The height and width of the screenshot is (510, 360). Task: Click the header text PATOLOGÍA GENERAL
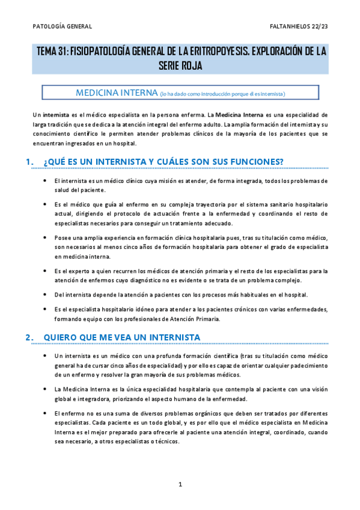(62, 26)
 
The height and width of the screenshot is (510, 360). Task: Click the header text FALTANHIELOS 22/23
(299, 26)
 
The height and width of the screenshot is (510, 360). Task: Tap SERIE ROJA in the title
(180, 66)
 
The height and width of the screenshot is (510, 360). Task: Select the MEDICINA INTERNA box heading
(115, 93)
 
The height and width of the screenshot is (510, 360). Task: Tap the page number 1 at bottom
(180, 484)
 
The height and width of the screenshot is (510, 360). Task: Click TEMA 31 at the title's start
(52, 52)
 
